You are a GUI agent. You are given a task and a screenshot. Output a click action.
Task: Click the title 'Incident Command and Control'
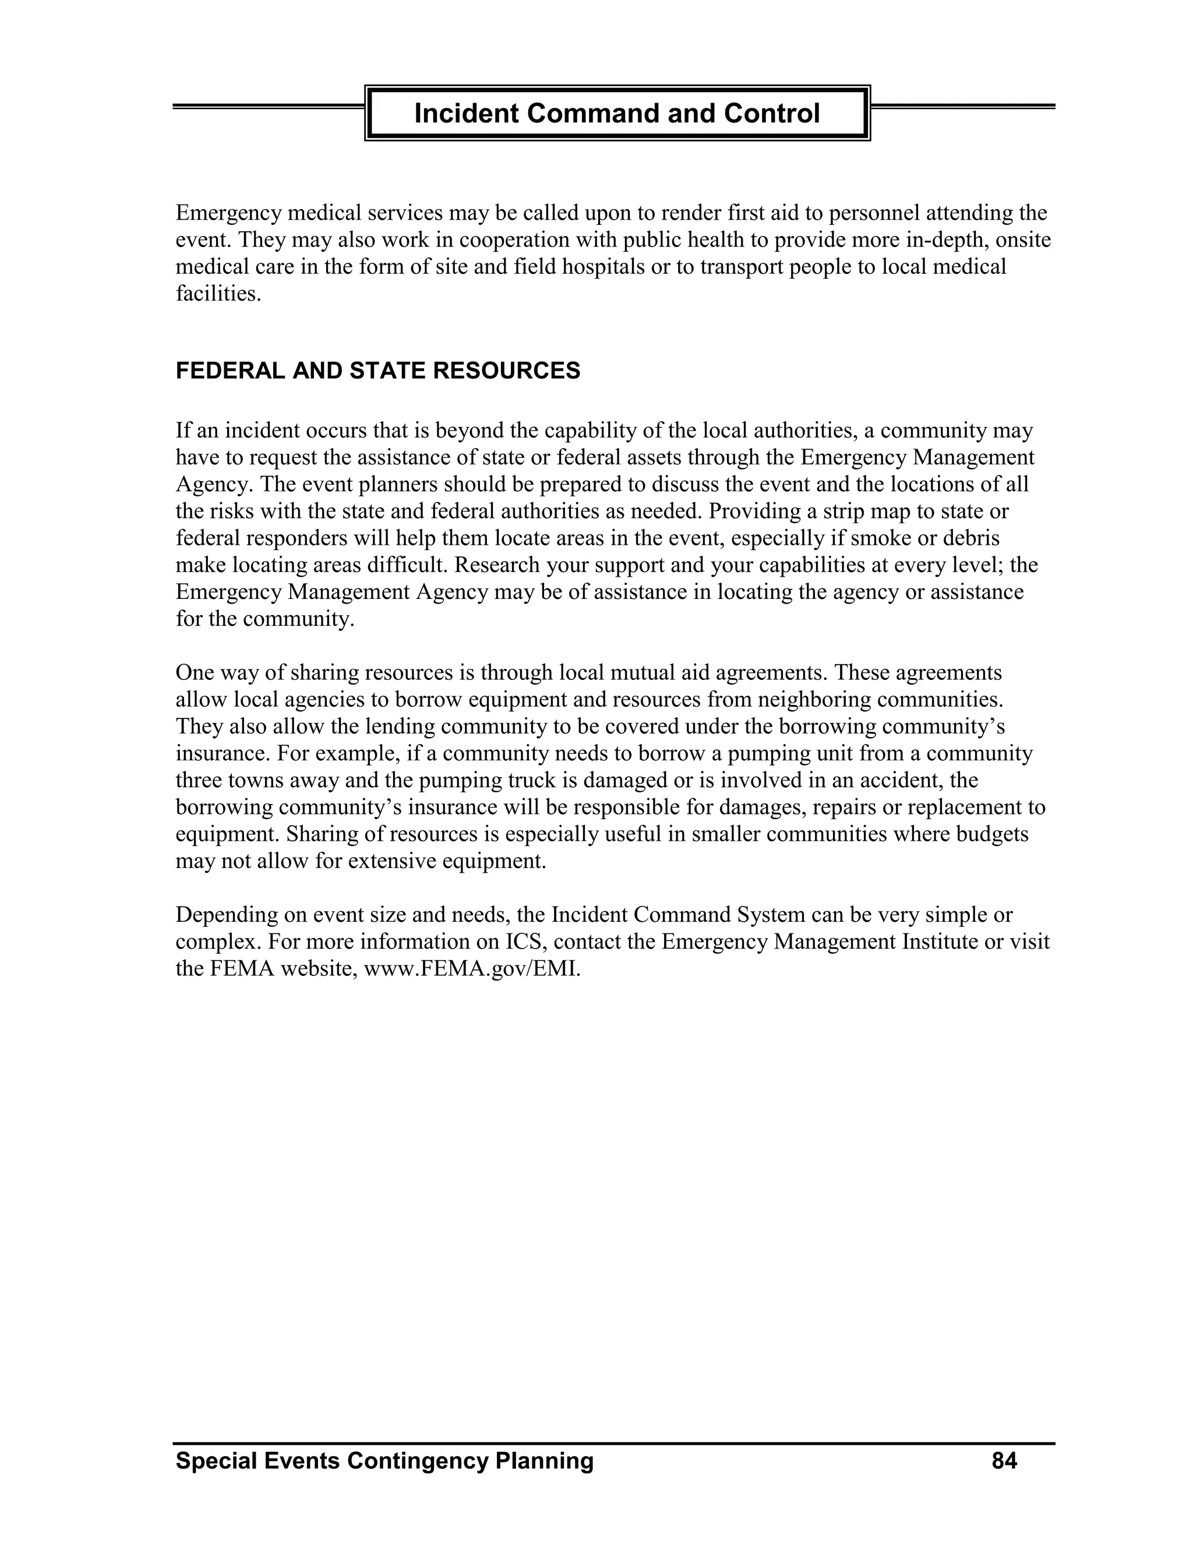(616, 113)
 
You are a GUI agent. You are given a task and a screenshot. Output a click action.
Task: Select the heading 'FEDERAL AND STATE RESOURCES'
(377, 371)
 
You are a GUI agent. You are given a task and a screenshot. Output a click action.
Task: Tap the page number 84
(1004, 1461)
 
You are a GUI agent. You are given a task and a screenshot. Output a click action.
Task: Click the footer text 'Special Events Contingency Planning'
(384, 1461)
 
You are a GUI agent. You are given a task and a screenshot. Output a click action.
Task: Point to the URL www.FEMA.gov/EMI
(471, 968)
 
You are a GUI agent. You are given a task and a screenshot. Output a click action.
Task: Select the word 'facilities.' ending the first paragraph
(218, 294)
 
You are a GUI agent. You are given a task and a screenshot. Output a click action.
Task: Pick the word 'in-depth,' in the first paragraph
(947, 241)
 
